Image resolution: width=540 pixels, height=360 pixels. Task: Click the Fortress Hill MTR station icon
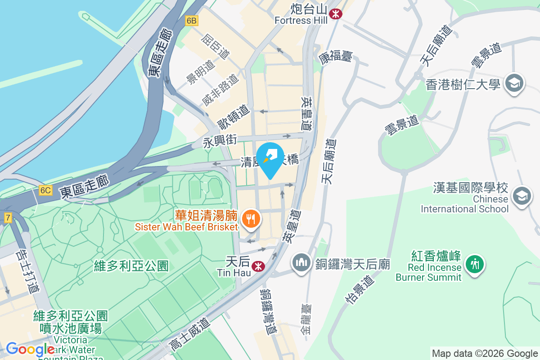335,14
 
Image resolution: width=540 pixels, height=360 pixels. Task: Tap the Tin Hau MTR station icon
258,266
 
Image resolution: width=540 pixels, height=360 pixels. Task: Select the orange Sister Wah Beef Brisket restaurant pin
249,219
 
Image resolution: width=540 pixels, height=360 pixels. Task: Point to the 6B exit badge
191,20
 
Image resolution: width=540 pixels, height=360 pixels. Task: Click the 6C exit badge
45,190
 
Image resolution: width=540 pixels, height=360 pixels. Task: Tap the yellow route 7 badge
8,218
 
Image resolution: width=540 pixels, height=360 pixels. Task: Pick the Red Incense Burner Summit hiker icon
474,263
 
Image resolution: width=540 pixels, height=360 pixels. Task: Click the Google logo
30,349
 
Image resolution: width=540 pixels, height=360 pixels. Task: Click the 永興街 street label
220,141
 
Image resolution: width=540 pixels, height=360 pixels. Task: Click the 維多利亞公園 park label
131,266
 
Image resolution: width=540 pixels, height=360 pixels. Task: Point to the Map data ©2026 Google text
485,353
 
